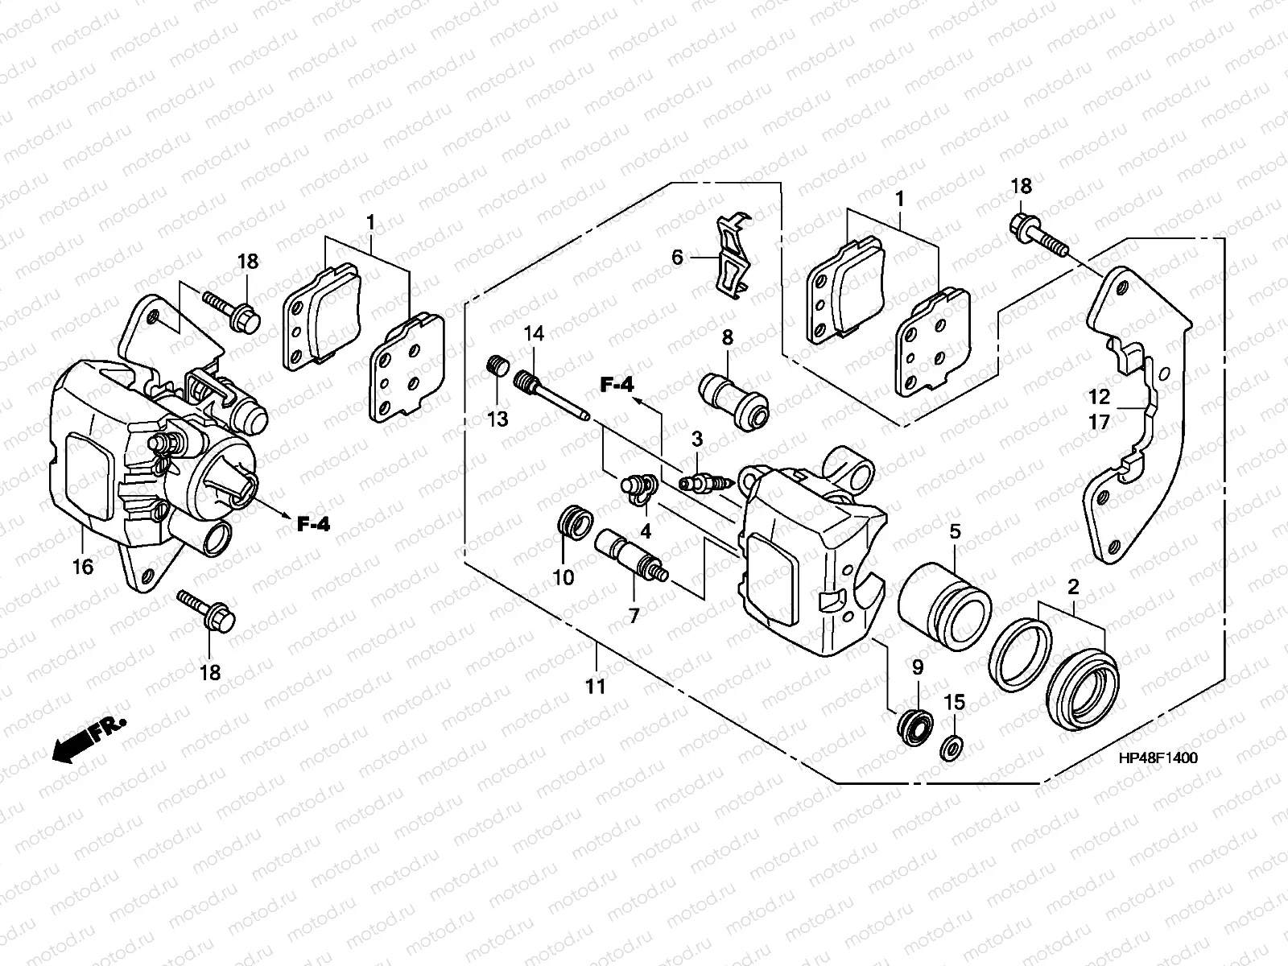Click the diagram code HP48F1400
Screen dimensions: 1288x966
click(x=1158, y=758)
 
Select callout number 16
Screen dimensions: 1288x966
click(x=83, y=567)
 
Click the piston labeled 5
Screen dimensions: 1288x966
click(x=945, y=604)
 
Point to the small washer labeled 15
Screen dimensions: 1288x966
click(x=952, y=747)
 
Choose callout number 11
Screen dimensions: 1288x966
click(x=595, y=686)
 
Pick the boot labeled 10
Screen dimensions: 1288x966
click(x=575, y=522)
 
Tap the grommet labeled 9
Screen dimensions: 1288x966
click(x=914, y=729)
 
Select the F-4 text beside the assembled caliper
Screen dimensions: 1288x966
click(x=313, y=524)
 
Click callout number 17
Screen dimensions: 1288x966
click(x=1099, y=423)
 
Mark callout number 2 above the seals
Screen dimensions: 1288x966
click(x=1073, y=587)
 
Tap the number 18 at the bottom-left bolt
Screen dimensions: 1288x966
click(x=210, y=673)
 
